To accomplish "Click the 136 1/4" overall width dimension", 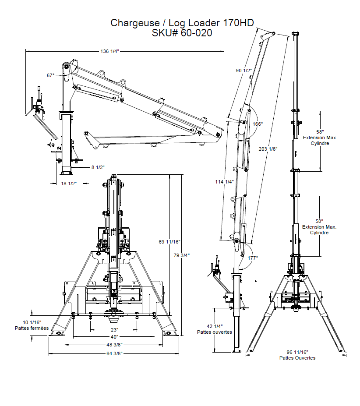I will point(110,51).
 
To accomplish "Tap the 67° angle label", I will point(51,75).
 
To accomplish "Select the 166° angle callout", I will point(258,124).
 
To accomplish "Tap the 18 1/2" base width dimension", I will point(68,184).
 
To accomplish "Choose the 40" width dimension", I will point(114,337).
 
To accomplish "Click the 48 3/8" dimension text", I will point(114,345).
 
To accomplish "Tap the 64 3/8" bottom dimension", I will point(114,353).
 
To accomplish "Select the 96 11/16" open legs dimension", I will point(297,352).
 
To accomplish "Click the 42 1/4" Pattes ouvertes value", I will point(214,326).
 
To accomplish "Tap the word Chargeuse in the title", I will point(131,22).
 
